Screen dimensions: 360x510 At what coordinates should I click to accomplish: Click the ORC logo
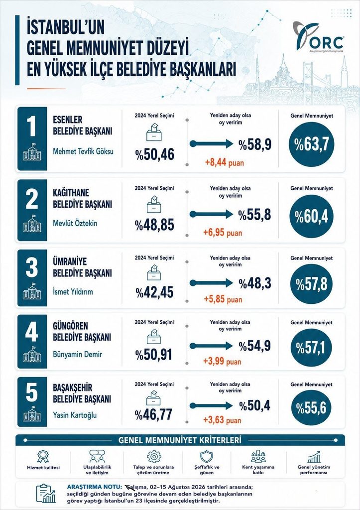pos(318,37)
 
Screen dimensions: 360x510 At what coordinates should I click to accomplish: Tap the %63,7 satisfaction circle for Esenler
pos(312,144)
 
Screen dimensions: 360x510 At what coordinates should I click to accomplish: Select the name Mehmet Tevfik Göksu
pos(83,151)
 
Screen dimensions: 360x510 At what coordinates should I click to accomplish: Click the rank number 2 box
pos(32,210)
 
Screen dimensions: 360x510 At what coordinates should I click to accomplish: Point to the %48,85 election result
pos(155,225)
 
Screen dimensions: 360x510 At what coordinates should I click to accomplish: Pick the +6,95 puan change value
pos(223,233)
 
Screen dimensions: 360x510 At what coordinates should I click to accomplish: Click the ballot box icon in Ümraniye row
pos(154,272)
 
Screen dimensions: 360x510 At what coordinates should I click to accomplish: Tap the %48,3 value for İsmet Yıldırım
pos(255,283)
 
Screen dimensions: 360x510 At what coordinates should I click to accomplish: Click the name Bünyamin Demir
pos(77,354)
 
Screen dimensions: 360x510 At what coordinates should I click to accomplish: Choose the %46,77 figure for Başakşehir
pos(154,415)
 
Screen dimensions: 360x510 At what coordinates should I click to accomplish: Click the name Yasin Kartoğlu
pos(75,415)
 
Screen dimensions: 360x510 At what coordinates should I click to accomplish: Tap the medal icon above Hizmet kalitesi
pos(43,456)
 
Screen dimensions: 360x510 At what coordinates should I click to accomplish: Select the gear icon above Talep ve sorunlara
pos(154,456)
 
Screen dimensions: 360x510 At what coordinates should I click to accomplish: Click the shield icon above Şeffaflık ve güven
pos(207,456)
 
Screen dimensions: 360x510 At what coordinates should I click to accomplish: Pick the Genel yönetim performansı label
pos(314,470)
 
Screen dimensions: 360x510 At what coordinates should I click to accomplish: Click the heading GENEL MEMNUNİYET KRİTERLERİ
pos(180,440)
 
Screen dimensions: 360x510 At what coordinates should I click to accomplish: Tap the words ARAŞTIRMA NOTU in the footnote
pos(94,487)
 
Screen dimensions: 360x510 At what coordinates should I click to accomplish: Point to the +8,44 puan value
pos(225,162)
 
